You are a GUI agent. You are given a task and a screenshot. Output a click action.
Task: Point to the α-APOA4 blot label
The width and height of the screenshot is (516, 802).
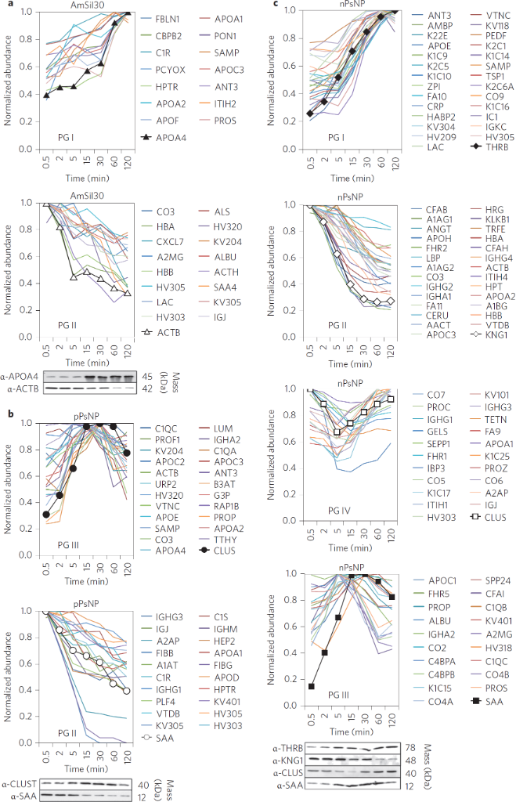click(x=22, y=377)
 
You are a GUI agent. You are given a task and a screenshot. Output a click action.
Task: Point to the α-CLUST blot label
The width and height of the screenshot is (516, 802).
click(x=22, y=782)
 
